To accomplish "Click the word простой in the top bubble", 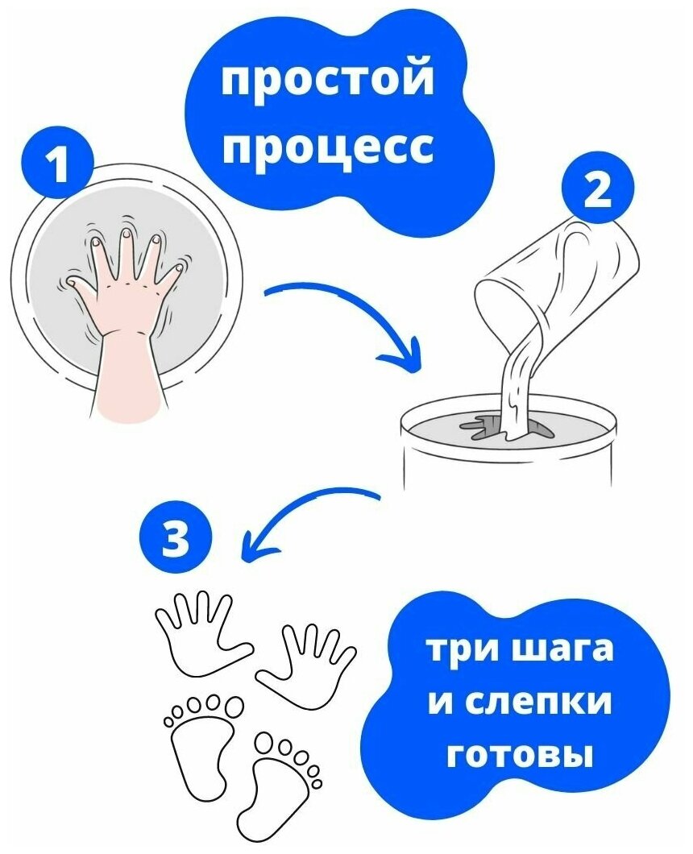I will point(327,82).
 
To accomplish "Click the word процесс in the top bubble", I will point(327,147).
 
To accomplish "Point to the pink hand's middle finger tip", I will point(125,236).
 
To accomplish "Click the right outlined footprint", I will point(282,790).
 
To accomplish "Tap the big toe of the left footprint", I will point(233,708).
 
